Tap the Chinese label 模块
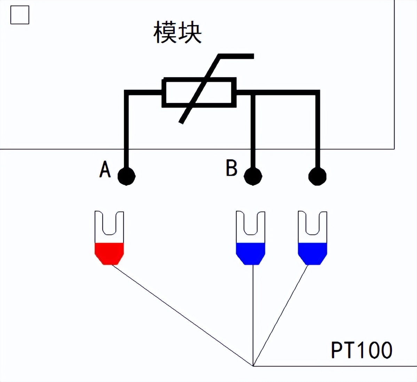point(178,33)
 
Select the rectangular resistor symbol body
point(199,93)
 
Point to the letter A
point(105,169)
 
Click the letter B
point(231,168)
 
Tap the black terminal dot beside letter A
point(126,176)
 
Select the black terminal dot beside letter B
point(253,176)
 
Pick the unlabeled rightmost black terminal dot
point(317,176)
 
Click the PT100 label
point(361,350)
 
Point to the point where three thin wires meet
point(253,366)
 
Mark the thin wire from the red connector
point(181,315)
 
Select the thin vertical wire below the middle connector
point(253,313)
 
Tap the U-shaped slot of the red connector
point(109,223)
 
